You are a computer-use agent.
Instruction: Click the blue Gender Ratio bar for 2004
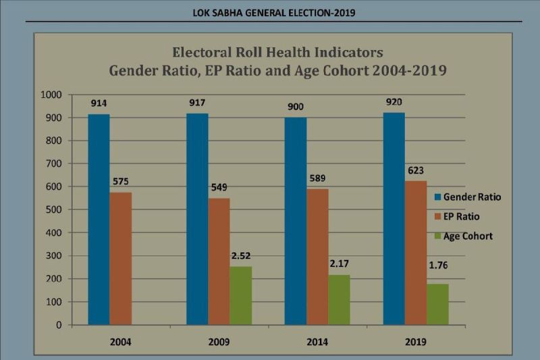[x=99, y=220]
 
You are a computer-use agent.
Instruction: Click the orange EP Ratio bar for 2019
[x=415, y=253]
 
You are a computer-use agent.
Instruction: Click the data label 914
[x=99, y=103]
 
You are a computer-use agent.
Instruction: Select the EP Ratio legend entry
[x=463, y=216]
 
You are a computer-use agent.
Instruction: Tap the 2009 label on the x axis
[x=218, y=342]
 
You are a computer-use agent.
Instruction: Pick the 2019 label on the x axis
[x=414, y=342]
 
